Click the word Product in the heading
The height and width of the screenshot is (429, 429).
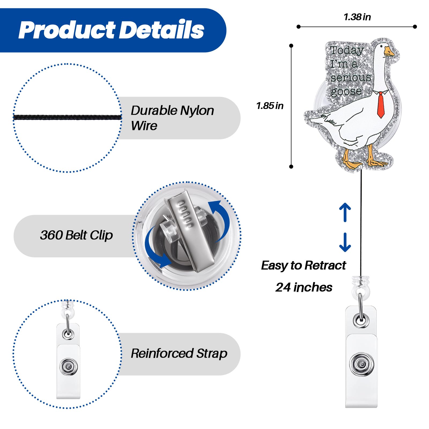coord(67,30)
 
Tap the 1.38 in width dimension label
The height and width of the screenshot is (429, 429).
coord(357,17)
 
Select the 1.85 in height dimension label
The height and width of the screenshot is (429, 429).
coord(270,106)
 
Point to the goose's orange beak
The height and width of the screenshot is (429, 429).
coord(389,51)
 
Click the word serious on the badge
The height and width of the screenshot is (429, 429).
coord(351,77)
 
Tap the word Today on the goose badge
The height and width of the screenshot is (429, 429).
coord(347,50)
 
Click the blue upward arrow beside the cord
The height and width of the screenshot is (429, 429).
coord(345,212)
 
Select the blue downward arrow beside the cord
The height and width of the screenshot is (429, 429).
coord(345,242)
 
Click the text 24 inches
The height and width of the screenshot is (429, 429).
coord(304,287)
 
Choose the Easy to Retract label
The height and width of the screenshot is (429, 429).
coord(304,265)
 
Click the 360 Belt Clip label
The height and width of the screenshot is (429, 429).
coord(76,235)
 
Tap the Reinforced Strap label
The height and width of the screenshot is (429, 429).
coord(179,353)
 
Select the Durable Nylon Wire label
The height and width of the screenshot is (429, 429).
coord(172,118)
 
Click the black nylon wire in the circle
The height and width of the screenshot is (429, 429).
coord(67,117)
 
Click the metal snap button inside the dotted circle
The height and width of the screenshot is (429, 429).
coord(69,366)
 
